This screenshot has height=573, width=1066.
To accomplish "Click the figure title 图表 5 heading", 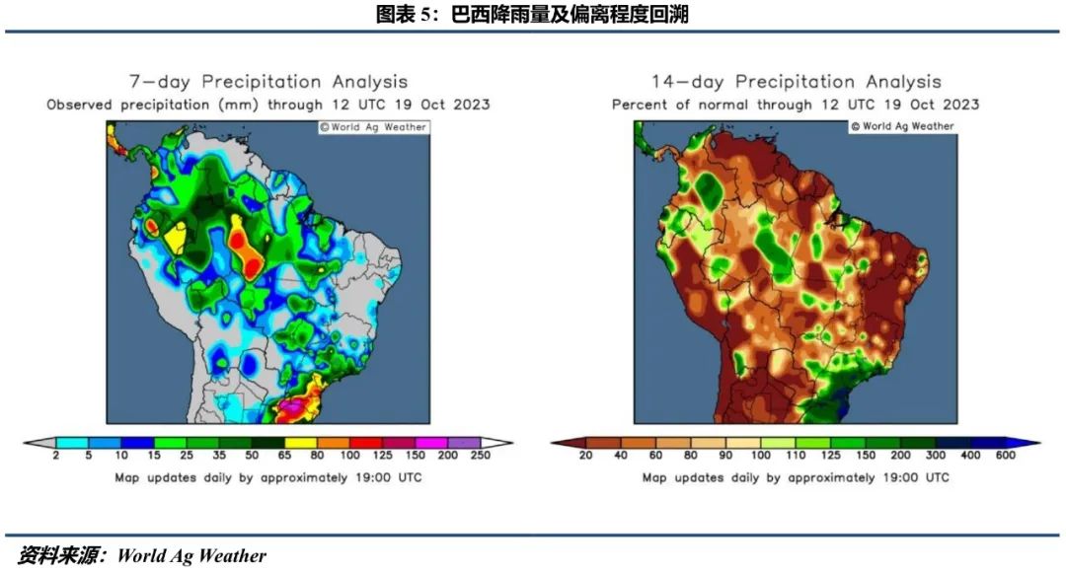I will click(x=532, y=14).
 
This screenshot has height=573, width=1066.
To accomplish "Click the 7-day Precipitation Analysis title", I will click(x=268, y=82).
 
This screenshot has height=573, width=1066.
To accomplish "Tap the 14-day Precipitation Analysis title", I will click(x=796, y=82).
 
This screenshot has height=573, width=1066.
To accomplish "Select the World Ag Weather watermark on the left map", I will click(x=372, y=126).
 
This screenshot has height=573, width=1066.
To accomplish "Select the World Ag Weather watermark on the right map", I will click(x=902, y=126).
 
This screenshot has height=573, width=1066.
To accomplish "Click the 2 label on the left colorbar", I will click(x=57, y=456).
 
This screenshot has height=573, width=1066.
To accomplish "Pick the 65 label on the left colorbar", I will click(x=283, y=456).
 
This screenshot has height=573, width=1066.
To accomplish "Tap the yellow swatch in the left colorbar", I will click(x=300, y=443).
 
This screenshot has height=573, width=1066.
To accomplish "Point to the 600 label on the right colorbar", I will click(x=1005, y=456).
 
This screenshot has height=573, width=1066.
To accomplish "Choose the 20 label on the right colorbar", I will click(x=584, y=456).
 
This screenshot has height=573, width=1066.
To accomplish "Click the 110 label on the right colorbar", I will click(x=795, y=456).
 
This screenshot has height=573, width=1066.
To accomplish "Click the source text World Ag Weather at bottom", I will click(x=191, y=556).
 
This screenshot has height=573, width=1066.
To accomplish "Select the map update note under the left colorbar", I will click(x=268, y=477).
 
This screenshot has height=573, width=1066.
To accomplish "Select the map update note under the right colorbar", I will click(x=796, y=477).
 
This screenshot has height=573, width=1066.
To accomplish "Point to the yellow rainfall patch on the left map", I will click(x=177, y=239).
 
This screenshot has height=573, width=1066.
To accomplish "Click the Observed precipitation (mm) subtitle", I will click(x=268, y=105).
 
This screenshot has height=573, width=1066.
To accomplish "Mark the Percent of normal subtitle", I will click(x=796, y=105).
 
